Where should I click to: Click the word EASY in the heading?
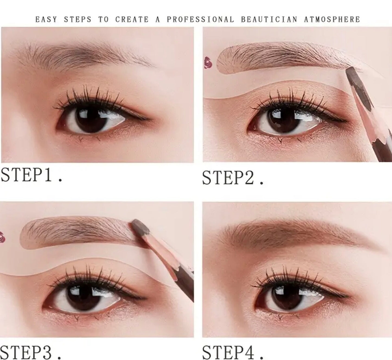[x=46, y=19]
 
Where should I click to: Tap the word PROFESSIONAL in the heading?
[x=200, y=19]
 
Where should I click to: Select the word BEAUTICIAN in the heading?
[x=269, y=19]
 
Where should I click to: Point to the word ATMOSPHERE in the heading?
[x=332, y=19]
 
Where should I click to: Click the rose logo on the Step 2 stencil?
[x=208, y=62]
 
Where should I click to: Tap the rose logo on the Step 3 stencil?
[x=2, y=237]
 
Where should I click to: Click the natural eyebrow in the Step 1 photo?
[x=84, y=55]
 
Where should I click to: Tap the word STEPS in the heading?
[x=78, y=19]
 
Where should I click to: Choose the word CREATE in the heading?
[x=132, y=19]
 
